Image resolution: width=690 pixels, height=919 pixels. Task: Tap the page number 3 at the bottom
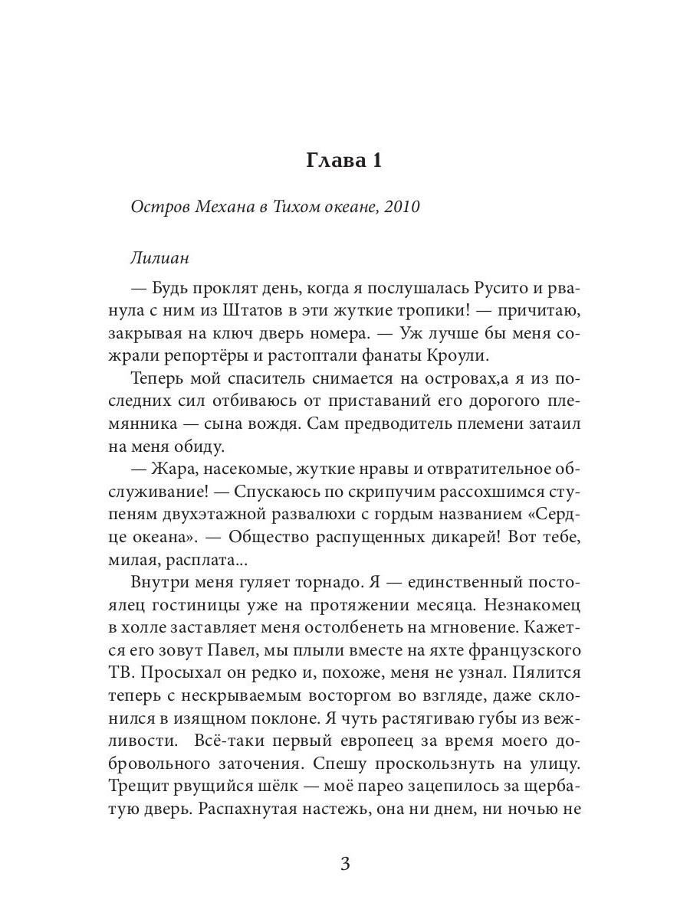(344, 865)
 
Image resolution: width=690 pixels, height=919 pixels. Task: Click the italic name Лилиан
(159, 259)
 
